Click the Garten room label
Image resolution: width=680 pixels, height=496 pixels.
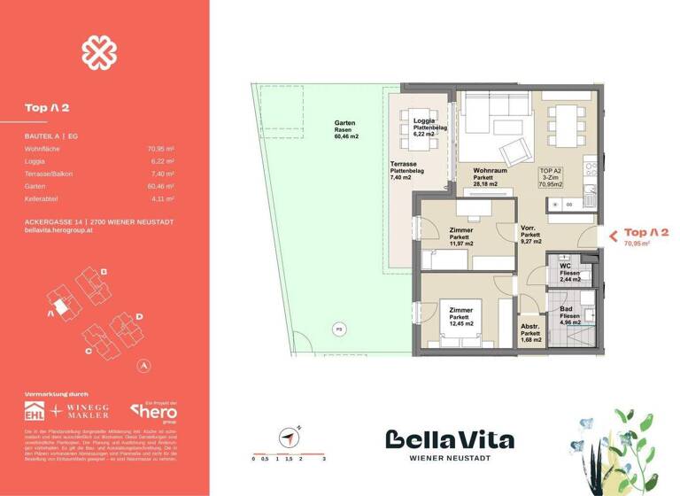[345, 123]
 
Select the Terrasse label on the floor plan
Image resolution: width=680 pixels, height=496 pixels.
[404, 165]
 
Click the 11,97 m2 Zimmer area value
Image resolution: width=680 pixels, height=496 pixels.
[461, 244]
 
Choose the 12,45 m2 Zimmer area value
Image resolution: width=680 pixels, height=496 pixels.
[464, 323]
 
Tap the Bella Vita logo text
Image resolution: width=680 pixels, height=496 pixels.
[449, 439]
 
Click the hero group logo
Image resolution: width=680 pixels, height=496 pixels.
[154, 412]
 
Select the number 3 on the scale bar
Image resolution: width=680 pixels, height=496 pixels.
[325, 460]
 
